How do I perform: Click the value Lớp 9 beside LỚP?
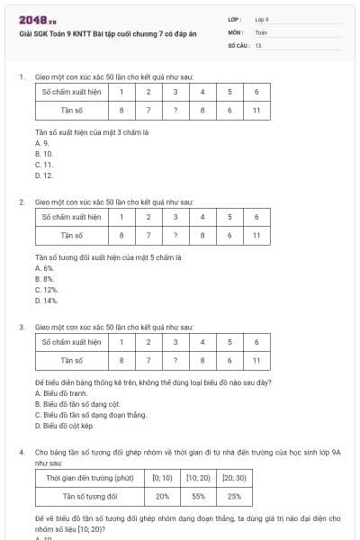pyautogui.click(x=262, y=18)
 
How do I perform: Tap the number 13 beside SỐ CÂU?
pyautogui.click(x=258, y=43)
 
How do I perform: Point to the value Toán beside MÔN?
pyautogui.click(x=261, y=31)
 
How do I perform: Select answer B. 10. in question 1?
pyautogui.click(x=44, y=154)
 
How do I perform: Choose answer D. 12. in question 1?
pyautogui.click(x=44, y=175)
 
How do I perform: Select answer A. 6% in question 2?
pyautogui.click(x=44, y=267)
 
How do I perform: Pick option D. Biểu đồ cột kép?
pyautogui.click(x=64, y=425)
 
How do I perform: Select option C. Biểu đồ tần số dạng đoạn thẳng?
pyautogui.click(x=90, y=414)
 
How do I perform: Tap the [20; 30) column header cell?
pyautogui.click(x=233, y=477)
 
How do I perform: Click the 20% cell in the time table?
pyautogui.click(x=162, y=495)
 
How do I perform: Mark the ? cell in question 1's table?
pyautogui.click(x=175, y=110)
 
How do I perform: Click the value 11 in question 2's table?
pyautogui.click(x=256, y=235)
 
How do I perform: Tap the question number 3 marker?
pyautogui.click(x=21, y=327)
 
